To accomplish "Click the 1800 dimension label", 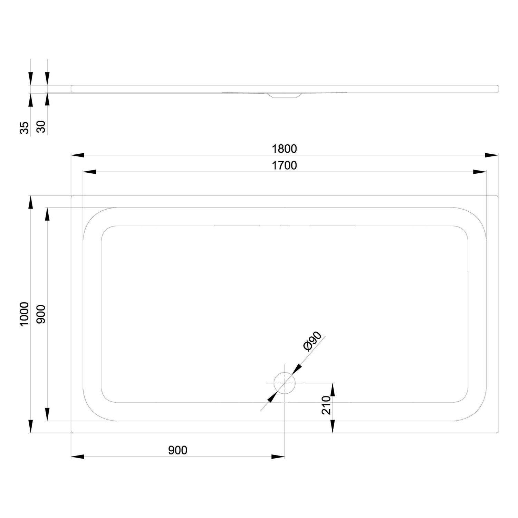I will tap(284, 149).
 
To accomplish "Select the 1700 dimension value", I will tap(284, 166).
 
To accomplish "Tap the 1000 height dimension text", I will tap(24, 314).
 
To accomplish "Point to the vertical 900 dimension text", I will tap(41, 314).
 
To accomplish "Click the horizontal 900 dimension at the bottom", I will tap(178, 450).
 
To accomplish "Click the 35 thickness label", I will tap(24, 127).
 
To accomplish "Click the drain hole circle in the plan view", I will tap(285, 383).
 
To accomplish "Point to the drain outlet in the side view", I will tap(285, 95).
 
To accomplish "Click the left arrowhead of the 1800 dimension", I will tap(78, 155).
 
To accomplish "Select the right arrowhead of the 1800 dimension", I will tap(491, 155).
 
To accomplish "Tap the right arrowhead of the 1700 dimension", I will tap(480, 172).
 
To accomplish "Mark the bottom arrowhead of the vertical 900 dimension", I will tap(47, 414).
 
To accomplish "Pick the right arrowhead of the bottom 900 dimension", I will tap(278, 457).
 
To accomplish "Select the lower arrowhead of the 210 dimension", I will tap(333, 426).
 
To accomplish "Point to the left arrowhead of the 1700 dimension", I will tap(89, 172).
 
